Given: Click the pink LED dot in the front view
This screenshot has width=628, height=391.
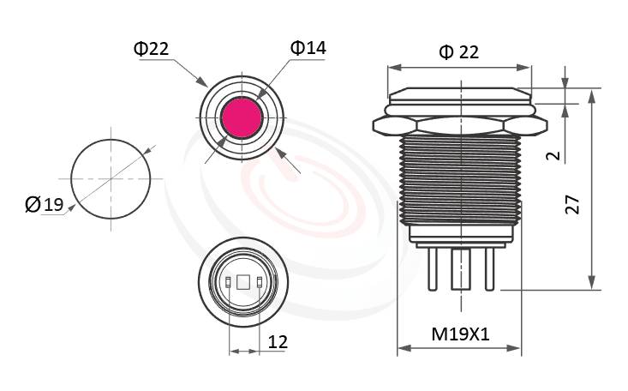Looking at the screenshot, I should tap(242, 117).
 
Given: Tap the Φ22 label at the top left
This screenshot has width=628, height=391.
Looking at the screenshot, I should tap(151, 49).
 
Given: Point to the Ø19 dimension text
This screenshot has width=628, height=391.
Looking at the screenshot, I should tap(45, 204).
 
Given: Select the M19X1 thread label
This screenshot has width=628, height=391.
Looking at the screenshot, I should tap(460, 334).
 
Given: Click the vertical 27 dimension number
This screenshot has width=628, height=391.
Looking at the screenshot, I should tap(573, 204).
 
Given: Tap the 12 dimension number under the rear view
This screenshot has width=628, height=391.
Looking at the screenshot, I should tap(277, 342).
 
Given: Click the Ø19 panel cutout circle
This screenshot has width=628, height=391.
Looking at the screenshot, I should tap(110, 178).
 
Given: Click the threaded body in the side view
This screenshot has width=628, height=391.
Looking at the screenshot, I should tap(459, 180).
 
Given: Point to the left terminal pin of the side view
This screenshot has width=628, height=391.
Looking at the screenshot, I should tap(430, 267).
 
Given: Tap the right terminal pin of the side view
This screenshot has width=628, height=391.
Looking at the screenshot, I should tap(489, 267).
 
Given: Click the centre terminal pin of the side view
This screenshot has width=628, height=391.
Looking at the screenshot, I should tap(459, 273).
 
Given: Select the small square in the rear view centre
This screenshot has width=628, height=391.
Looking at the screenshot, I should tap(242, 283).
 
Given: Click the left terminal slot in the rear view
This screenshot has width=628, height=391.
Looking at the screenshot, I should tap(228, 283).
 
